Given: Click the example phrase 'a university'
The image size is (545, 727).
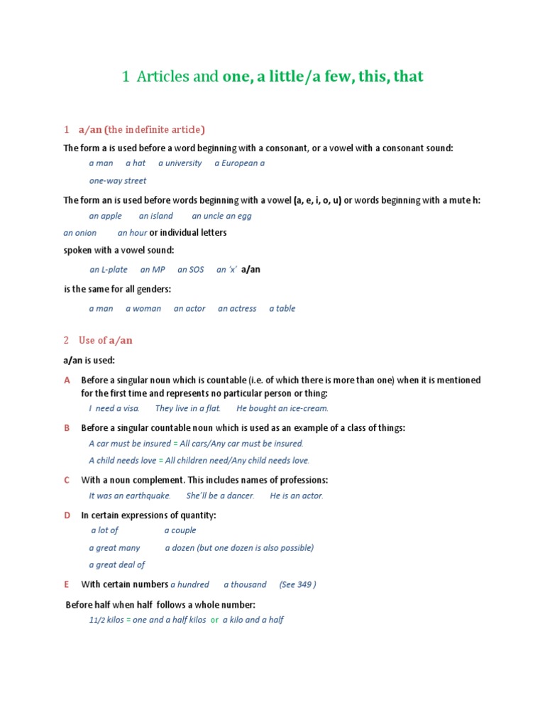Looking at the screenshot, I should [x=180, y=163].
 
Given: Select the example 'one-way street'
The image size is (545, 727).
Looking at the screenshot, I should [x=117, y=181].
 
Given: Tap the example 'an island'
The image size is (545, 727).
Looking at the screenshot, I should [x=155, y=216].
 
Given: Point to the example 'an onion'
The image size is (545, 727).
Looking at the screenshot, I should [x=79, y=233].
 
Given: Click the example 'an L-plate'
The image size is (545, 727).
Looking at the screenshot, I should [x=109, y=270].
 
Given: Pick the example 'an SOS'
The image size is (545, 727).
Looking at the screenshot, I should [x=190, y=270].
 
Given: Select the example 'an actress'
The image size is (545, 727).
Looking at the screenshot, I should [x=237, y=309].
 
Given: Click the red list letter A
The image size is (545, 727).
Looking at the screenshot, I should [x=67, y=381].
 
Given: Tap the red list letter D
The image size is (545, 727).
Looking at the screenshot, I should [x=67, y=515].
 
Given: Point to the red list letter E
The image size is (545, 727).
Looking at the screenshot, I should [x=67, y=584].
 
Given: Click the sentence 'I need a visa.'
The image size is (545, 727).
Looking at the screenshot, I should [x=114, y=408].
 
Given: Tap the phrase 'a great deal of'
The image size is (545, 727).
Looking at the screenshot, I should [x=116, y=565].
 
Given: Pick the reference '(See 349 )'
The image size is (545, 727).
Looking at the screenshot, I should [x=297, y=584].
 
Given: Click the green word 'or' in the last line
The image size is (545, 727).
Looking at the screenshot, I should [x=214, y=620].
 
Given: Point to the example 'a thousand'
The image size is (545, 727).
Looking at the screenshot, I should [x=245, y=584].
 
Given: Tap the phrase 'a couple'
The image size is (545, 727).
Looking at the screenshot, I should [x=180, y=530].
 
